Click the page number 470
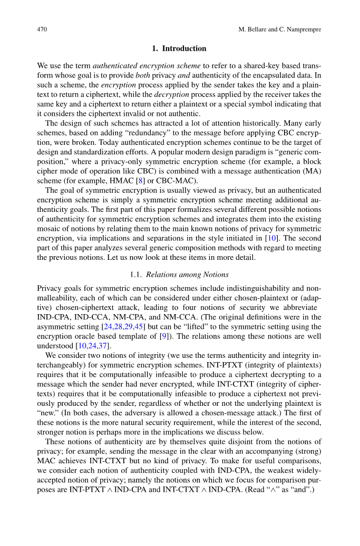[42, 29]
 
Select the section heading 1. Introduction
[179, 48]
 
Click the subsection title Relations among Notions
[187, 274]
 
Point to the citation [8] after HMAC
[140, 180]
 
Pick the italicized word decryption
[171, 94]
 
